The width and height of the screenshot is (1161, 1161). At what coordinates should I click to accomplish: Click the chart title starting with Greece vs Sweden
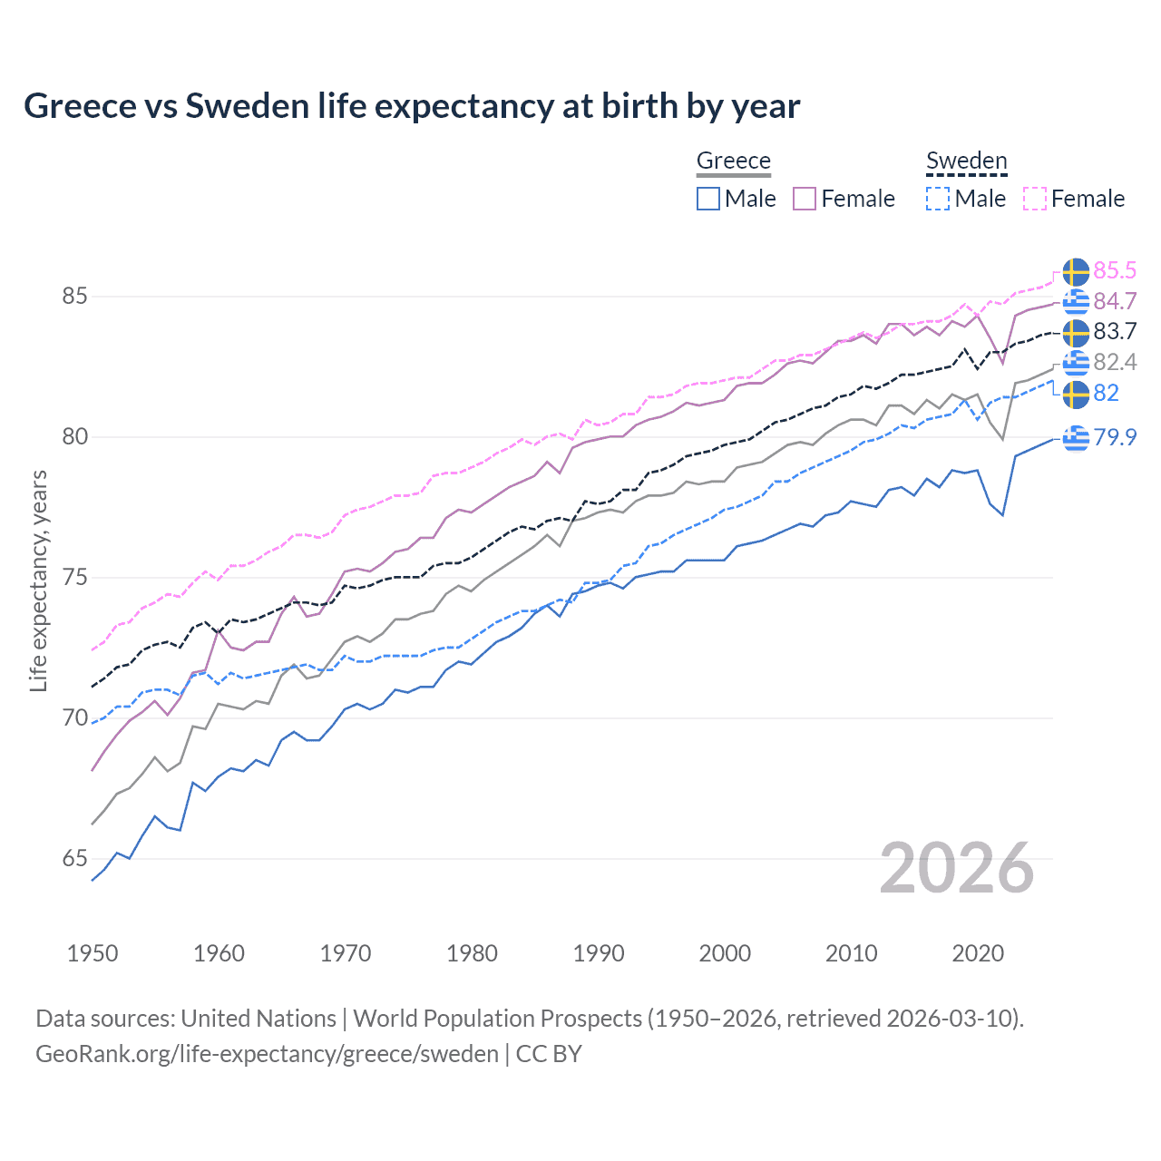click(x=412, y=106)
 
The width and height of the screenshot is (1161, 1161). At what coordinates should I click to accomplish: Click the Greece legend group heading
click(x=733, y=161)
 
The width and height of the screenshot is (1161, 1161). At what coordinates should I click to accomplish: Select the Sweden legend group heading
click(x=966, y=161)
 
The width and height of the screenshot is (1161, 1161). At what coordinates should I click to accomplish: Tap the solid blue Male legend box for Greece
click(x=708, y=199)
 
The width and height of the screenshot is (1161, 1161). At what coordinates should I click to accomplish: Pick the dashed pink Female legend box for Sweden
click(x=1035, y=199)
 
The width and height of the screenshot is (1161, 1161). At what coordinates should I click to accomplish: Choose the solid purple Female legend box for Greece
click(x=805, y=199)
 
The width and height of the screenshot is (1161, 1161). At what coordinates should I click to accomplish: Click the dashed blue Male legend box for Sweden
click(x=938, y=199)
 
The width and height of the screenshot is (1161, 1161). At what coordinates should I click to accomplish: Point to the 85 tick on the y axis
click(x=75, y=297)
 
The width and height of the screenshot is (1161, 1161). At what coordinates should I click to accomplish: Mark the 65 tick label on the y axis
click(x=75, y=859)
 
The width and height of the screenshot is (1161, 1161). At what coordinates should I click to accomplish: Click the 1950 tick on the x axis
click(x=93, y=953)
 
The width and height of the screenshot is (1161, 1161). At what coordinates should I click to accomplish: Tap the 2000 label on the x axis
click(x=725, y=953)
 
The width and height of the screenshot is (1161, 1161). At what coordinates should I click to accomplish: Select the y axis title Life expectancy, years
click(x=38, y=580)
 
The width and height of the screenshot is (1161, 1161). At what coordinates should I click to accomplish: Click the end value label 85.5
click(x=1115, y=271)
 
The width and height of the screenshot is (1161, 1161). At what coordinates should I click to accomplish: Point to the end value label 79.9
click(x=1115, y=437)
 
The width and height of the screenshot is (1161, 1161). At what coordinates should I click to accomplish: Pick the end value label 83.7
click(x=1115, y=332)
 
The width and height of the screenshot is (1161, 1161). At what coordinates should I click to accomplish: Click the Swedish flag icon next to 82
click(x=1076, y=394)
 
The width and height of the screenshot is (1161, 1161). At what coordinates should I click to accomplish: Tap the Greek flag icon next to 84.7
click(x=1076, y=301)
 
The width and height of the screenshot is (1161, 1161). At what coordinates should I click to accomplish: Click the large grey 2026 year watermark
click(x=957, y=868)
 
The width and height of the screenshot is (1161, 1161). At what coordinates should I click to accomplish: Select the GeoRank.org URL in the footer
click(x=267, y=1054)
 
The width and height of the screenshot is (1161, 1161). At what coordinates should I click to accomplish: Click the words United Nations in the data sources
click(x=259, y=1019)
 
